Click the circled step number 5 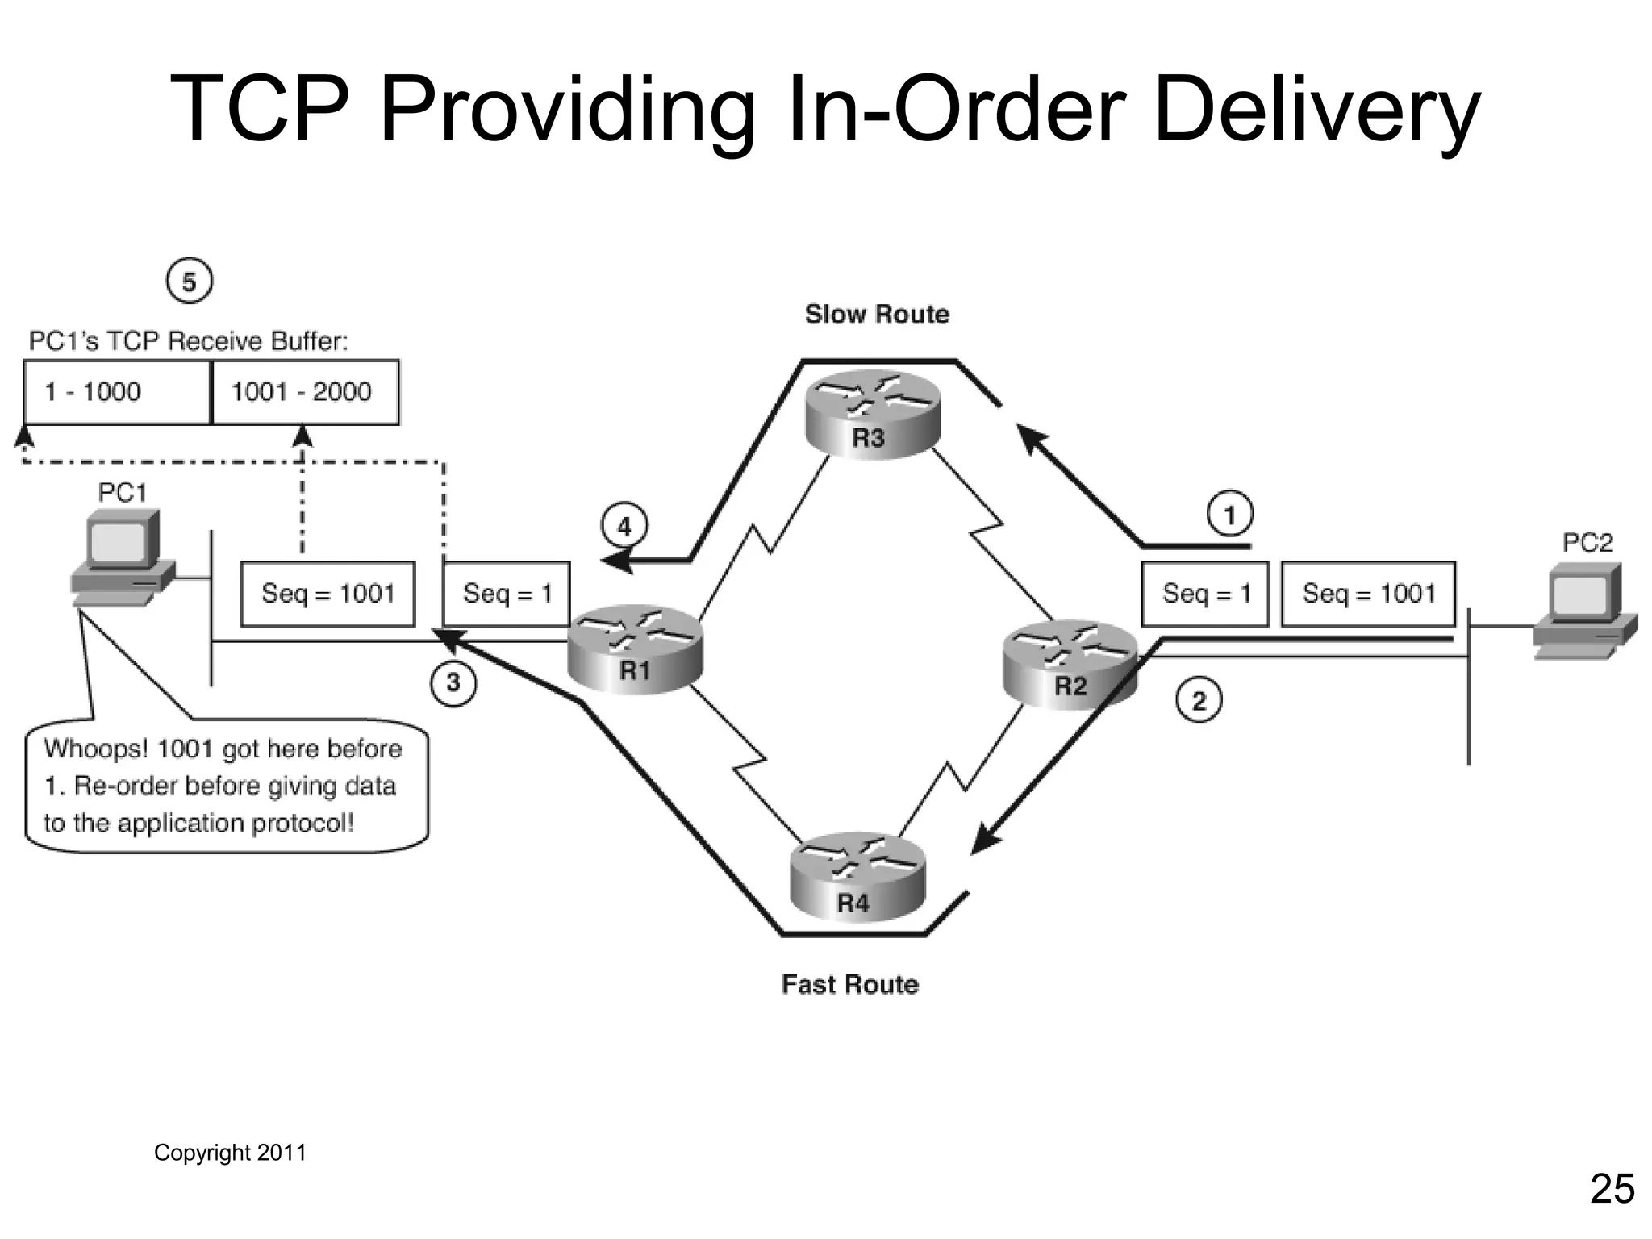tap(189, 282)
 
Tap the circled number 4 tap(624, 527)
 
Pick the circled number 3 tap(453, 682)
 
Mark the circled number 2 tap(1199, 700)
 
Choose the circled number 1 tap(1229, 514)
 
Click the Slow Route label tap(877, 314)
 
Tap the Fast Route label tap(849, 984)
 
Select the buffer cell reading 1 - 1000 tap(117, 392)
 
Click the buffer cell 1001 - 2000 tap(305, 392)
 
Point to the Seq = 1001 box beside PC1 tap(327, 594)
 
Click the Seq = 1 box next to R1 tap(507, 594)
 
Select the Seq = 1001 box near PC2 tap(1368, 594)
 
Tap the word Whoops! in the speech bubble tap(95, 749)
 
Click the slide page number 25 tap(1612, 1189)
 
